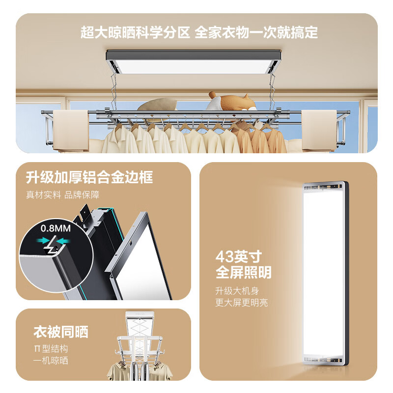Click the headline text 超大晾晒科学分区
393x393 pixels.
135,33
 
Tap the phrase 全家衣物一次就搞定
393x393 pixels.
256,33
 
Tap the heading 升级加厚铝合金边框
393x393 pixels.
89,177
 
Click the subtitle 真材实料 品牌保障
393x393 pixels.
62,195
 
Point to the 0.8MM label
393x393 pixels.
56,227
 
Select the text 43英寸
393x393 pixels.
238,256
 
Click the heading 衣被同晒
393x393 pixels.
61,332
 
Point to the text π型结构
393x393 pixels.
51,349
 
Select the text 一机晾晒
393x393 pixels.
51,361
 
